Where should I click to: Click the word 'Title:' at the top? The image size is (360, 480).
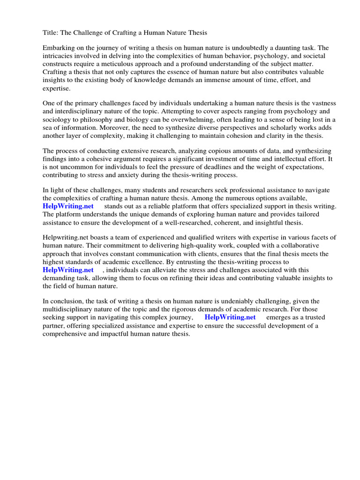pyautogui.click(x=51, y=33)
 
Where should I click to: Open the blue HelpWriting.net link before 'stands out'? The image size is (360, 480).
pyautogui.click(x=68, y=206)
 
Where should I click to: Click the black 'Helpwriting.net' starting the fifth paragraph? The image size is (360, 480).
pyautogui.click(x=65, y=238)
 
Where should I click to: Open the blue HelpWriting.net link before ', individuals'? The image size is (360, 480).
pyautogui.click(x=68, y=270)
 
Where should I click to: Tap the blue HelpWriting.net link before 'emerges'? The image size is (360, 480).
pyautogui.click(x=230, y=317)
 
